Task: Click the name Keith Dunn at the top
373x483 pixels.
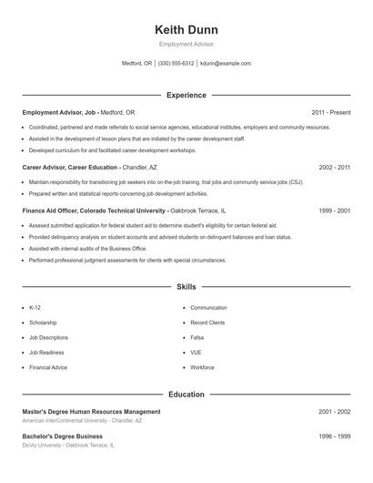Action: tap(186, 29)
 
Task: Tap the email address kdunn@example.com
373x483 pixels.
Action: tap(226, 64)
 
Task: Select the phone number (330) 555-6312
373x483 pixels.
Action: tap(176, 64)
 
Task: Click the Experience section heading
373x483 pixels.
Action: tap(186, 95)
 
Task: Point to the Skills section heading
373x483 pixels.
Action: tap(186, 287)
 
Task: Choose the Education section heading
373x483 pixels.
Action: tap(186, 395)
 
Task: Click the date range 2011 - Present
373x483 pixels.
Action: tap(330, 112)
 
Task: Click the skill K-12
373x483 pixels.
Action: tap(35, 308)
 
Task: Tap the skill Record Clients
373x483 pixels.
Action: tap(207, 323)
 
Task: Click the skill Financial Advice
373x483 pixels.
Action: tap(48, 366)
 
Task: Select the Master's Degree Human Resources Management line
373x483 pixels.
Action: tap(91, 412)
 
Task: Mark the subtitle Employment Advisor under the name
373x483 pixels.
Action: tap(186, 44)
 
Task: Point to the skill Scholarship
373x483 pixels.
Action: tap(43, 323)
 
